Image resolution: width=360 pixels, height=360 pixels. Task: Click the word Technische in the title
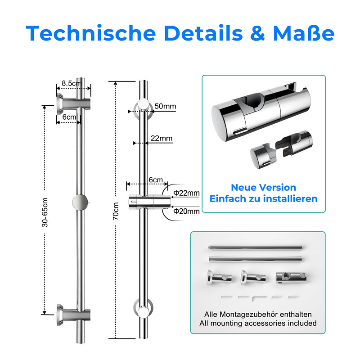pyautogui.click(x=91, y=33)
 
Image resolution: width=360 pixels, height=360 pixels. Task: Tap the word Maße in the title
pyautogui.click(x=303, y=33)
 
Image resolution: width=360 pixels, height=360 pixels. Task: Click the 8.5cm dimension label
pyautogui.click(x=72, y=83)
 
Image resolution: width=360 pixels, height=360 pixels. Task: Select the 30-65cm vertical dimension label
pyautogui.click(x=45, y=212)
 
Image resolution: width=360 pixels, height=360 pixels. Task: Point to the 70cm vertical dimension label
pyautogui.click(x=116, y=211)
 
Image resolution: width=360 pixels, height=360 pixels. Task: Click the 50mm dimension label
pyautogui.click(x=165, y=106)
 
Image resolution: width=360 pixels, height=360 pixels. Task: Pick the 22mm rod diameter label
pyautogui.click(x=162, y=138)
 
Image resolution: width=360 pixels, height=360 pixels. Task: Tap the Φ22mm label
pyautogui.click(x=186, y=193)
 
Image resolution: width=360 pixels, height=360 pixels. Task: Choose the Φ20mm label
pyautogui.click(x=186, y=211)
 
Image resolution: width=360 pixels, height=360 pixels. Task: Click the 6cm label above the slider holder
pyautogui.click(x=156, y=180)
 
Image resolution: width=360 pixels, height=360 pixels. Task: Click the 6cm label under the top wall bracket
pyautogui.click(x=69, y=117)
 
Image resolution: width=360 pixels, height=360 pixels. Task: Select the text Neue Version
pyautogui.click(x=264, y=187)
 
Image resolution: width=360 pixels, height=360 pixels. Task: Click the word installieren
pyautogui.click(x=290, y=198)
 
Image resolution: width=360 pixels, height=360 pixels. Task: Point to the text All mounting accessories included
pyautogui.click(x=258, y=323)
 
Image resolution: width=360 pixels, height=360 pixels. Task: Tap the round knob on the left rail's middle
pyautogui.click(x=80, y=202)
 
